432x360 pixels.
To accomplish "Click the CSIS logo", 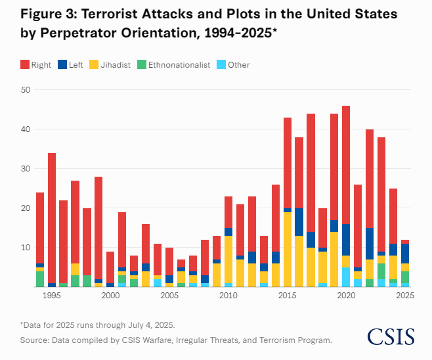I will [391, 336].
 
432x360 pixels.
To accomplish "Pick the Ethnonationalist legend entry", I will [174, 64].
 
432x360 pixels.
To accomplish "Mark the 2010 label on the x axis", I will [228, 296].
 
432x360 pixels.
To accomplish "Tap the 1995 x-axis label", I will [51, 296].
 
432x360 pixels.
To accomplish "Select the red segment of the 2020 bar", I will [346, 164].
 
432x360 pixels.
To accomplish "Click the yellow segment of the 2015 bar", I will [287, 250].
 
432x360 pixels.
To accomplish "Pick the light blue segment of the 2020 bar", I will [346, 277].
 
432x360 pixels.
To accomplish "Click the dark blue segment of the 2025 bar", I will [405, 254].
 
